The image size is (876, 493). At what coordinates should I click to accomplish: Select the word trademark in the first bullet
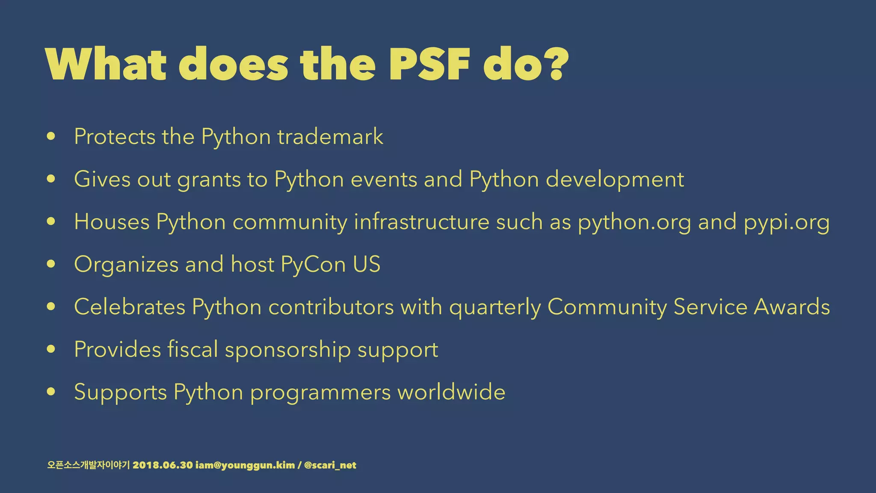pyautogui.click(x=330, y=137)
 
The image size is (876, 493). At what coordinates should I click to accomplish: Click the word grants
pyautogui.click(x=209, y=179)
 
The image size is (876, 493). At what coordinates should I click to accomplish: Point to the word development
pyautogui.click(x=615, y=179)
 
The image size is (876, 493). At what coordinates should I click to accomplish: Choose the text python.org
pyautogui.click(x=634, y=222)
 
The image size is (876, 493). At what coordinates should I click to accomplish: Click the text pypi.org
pyautogui.click(x=787, y=222)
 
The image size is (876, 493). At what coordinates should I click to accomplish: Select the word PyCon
pyautogui.click(x=313, y=264)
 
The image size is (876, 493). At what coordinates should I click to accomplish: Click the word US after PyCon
pyautogui.click(x=367, y=264)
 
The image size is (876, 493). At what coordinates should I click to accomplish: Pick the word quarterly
pyautogui.click(x=495, y=307)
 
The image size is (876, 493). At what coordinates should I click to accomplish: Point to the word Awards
pyautogui.click(x=792, y=307)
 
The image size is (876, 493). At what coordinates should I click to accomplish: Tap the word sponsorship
pyautogui.click(x=287, y=350)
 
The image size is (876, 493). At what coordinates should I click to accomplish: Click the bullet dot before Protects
pyautogui.click(x=51, y=137)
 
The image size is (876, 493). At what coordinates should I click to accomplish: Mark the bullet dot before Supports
pyautogui.click(x=51, y=392)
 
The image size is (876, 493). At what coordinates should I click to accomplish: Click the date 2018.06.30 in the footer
pyautogui.click(x=163, y=465)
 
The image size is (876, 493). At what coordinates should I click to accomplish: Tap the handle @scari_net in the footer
pyautogui.click(x=330, y=465)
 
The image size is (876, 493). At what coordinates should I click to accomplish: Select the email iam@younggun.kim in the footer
pyautogui.click(x=245, y=465)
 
